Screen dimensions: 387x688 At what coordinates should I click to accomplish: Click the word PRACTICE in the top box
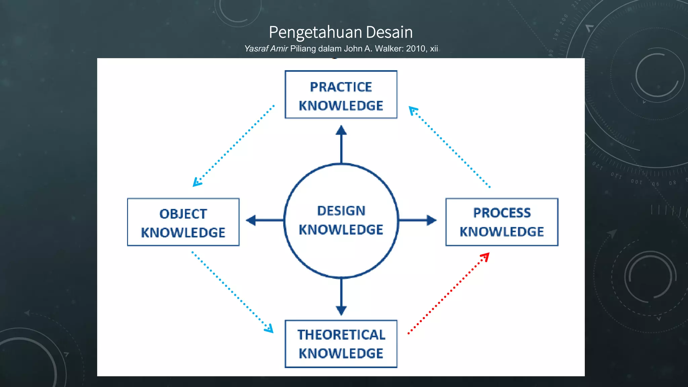pyautogui.click(x=341, y=87)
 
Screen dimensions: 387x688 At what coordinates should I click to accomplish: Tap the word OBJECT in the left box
pyautogui.click(x=183, y=214)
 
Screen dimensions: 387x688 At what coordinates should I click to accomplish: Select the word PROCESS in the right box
pyautogui.click(x=502, y=213)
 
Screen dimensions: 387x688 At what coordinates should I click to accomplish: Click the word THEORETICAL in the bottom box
pyautogui.click(x=341, y=335)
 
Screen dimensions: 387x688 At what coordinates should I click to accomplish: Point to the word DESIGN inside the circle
pyautogui.click(x=341, y=211)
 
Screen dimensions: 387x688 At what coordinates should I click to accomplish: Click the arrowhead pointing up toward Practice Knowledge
pyautogui.click(x=341, y=130)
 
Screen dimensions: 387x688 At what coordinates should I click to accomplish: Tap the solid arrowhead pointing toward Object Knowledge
pyautogui.click(x=251, y=220)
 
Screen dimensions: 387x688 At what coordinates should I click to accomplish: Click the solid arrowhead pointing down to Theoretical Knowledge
pyautogui.click(x=341, y=310)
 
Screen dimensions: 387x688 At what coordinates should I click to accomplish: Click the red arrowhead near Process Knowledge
pyautogui.click(x=485, y=257)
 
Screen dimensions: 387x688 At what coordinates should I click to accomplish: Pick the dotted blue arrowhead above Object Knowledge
pyautogui.click(x=197, y=182)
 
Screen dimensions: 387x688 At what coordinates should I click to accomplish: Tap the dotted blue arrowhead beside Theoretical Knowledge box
pyautogui.click(x=269, y=328)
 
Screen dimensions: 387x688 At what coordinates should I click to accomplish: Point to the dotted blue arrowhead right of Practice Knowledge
pyautogui.click(x=413, y=110)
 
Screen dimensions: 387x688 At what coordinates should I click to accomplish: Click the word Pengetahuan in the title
pyautogui.click(x=315, y=32)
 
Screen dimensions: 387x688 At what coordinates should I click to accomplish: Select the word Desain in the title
pyautogui.click(x=389, y=32)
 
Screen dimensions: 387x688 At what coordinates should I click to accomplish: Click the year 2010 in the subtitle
pyautogui.click(x=416, y=49)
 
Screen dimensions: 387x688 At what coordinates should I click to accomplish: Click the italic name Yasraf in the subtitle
pyautogui.click(x=256, y=49)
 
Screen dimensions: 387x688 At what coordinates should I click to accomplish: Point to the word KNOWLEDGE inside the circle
pyautogui.click(x=341, y=230)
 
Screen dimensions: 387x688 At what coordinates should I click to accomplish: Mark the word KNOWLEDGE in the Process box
pyautogui.click(x=502, y=232)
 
